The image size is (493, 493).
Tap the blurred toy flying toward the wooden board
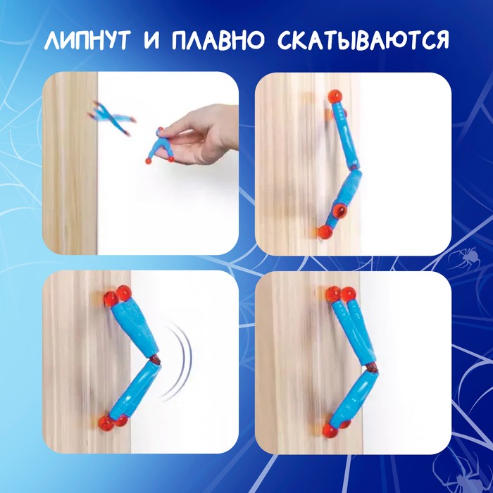pos(113,118)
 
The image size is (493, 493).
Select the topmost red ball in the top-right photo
pos(335,95)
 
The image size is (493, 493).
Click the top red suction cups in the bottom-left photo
pos(116,295)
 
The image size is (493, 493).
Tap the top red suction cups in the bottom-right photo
pos(339,294)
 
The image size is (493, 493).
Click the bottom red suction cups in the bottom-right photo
pos(336,427)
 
